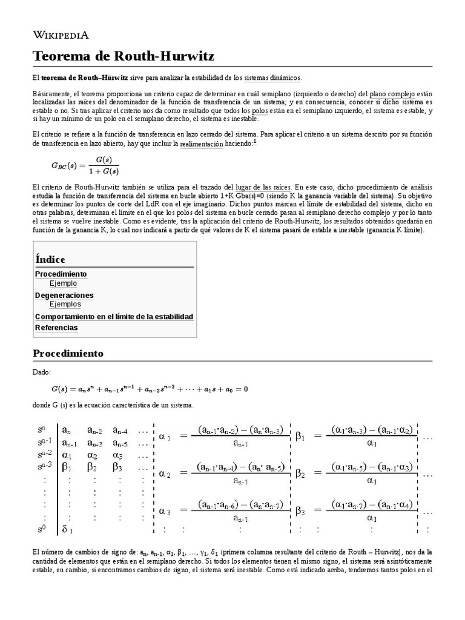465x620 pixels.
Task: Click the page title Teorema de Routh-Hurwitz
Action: [123, 56]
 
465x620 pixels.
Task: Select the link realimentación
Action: [202, 144]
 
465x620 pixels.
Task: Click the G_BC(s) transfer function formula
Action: [85, 165]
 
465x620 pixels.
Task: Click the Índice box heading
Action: [50, 259]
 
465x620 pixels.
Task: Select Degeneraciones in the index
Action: [64, 295]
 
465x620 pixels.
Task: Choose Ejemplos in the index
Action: [65, 305]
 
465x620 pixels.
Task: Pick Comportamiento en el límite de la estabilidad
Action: [114, 317]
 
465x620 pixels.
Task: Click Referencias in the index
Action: [56, 328]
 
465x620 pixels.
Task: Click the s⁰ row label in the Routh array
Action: [42, 529]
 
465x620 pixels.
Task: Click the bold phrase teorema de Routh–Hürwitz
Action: [84, 78]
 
